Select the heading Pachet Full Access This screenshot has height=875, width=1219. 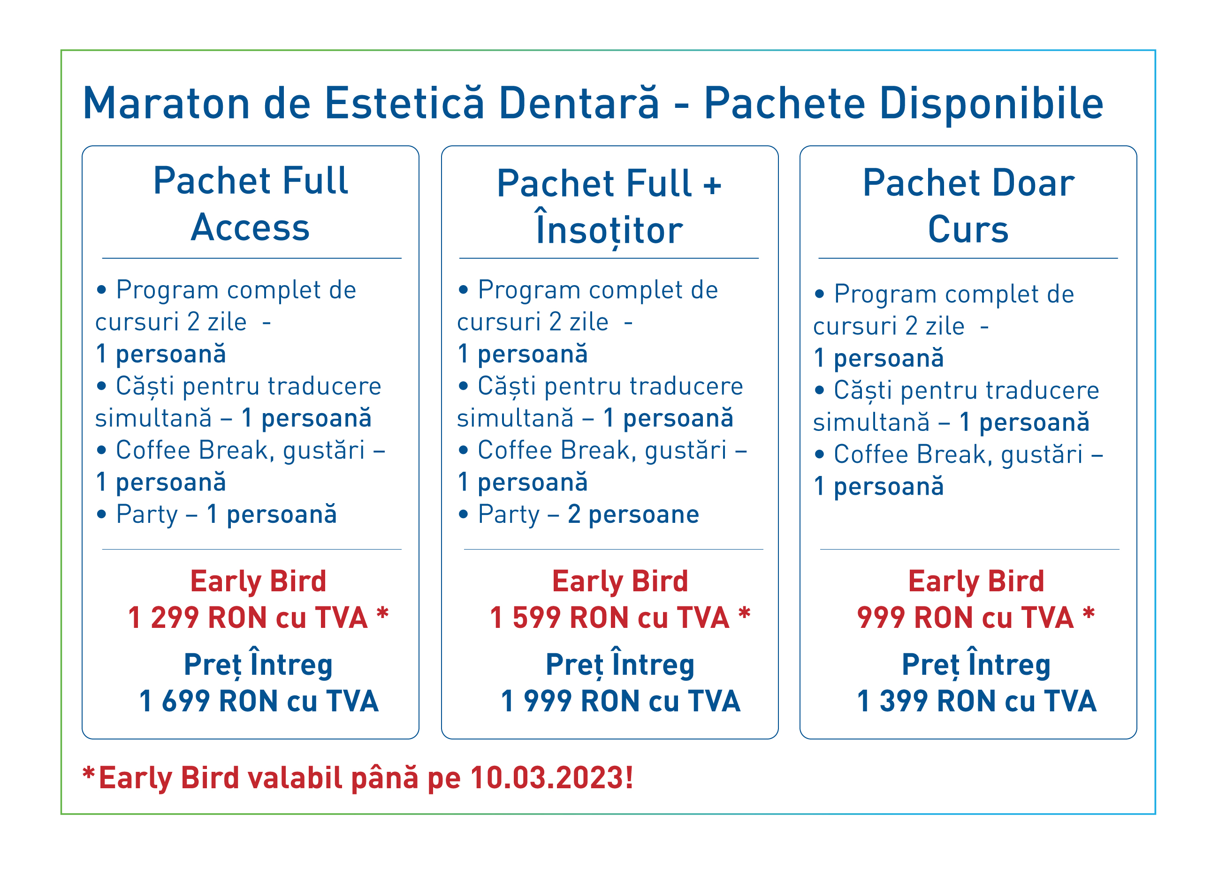pyautogui.click(x=251, y=204)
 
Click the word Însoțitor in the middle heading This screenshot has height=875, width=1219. pyautogui.click(x=609, y=228)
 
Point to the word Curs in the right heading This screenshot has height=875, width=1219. pyautogui.click(x=968, y=229)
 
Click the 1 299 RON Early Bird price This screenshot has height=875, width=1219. pyautogui.click(x=248, y=617)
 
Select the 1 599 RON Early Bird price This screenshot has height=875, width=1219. pyautogui.click(x=610, y=617)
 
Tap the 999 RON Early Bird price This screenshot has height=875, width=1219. pyautogui.click(x=965, y=617)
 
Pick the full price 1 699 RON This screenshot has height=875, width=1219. pyautogui.click(x=259, y=701)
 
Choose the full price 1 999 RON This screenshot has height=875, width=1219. pyautogui.click(x=621, y=701)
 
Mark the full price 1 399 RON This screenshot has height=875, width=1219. pyautogui.click(x=976, y=701)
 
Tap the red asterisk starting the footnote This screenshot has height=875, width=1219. pyautogui.click(x=89, y=774)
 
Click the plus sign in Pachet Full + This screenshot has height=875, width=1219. pyautogui.click(x=712, y=186)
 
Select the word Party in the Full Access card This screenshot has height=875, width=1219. pyautogui.click(x=147, y=515)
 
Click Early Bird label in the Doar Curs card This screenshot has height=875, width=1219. pyautogui.click(x=976, y=582)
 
